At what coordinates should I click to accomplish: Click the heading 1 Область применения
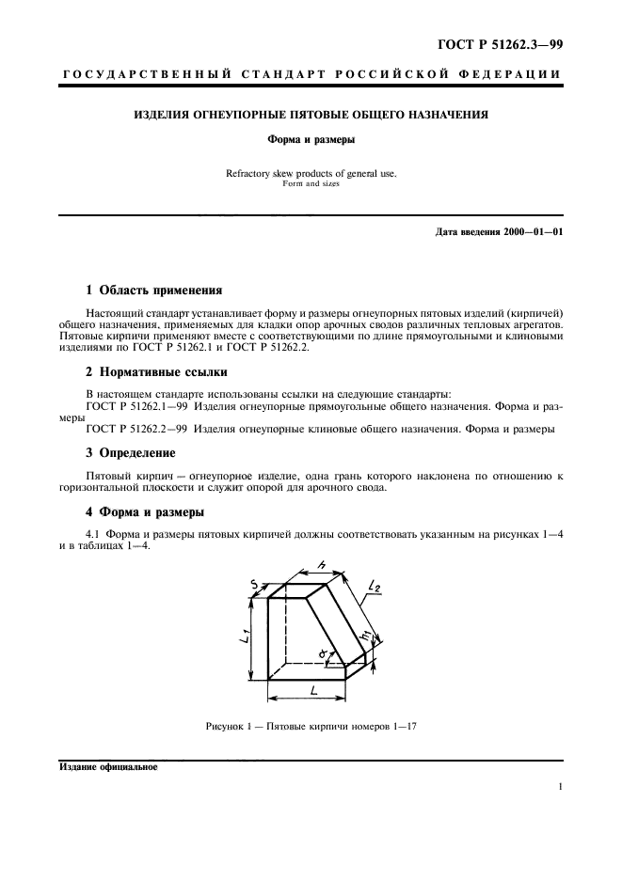[x=154, y=290]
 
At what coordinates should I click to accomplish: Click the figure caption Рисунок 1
[x=236, y=726]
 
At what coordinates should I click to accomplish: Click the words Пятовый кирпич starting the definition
[x=128, y=477]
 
